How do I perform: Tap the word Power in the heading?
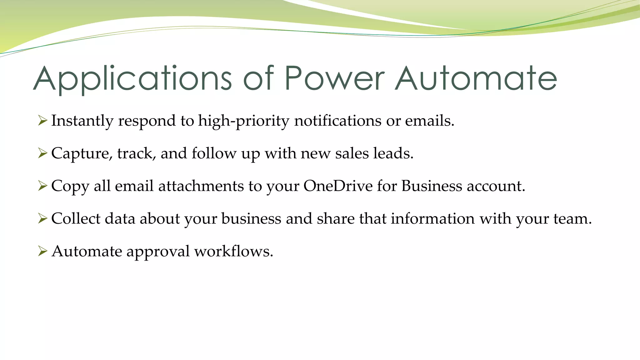(334, 79)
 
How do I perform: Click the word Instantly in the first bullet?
(82, 121)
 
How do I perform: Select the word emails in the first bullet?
(429, 121)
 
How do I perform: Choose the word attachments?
(201, 186)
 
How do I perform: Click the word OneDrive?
(338, 186)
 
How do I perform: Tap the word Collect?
(76, 218)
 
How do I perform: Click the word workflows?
(233, 251)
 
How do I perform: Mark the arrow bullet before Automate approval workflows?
(42, 251)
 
